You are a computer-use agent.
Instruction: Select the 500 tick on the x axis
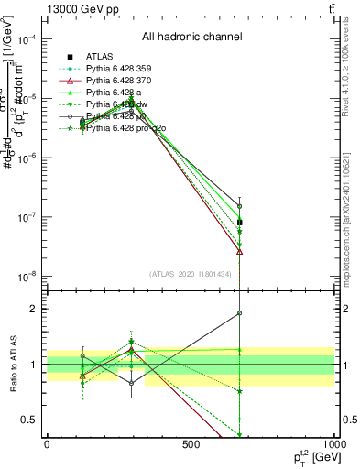tap(190, 444)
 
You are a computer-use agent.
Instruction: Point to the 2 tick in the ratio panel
tap(34, 309)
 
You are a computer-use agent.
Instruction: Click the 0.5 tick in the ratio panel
tap(30, 420)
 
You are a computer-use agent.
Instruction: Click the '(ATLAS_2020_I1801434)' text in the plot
tap(189, 274)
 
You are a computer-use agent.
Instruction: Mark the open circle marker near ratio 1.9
tap(239, 313)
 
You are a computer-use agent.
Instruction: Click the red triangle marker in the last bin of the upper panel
tap(239, 251)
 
